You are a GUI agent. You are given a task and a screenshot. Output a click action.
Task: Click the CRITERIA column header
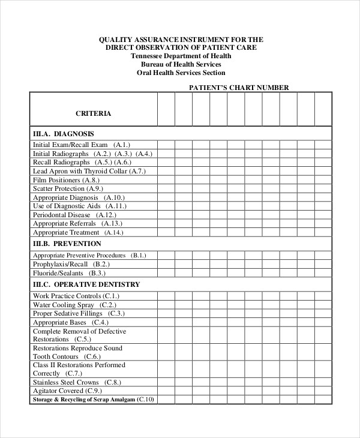tap(93, 113)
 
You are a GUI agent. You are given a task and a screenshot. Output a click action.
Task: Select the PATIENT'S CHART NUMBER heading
tap(239, 88)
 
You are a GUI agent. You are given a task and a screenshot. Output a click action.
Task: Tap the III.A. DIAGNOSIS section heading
tap(63, 134)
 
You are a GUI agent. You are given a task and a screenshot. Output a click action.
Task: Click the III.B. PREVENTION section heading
tap(67, 244)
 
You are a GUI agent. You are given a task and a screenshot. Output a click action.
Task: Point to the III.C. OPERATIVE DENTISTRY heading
tap(86, 284)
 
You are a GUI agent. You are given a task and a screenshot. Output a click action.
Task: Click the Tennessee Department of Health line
tap(181, 56)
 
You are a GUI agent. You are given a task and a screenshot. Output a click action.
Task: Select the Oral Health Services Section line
tap(181, 73)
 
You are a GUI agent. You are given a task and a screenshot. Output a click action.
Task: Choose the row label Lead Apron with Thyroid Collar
tap(89, 171)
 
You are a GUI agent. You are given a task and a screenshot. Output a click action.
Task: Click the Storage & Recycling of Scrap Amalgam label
tap(93, 400)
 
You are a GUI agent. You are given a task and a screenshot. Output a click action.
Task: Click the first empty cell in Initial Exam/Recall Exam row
tap(166, 145)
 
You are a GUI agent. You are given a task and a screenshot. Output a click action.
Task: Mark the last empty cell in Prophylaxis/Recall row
tap(323, 264)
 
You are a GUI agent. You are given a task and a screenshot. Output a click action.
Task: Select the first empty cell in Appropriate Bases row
tap(166, 322)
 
